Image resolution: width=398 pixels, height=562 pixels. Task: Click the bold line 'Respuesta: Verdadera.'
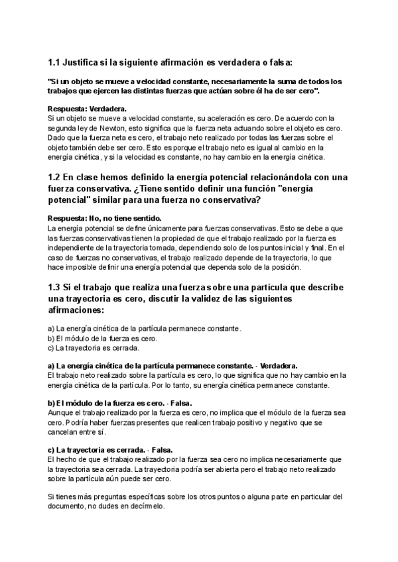88,108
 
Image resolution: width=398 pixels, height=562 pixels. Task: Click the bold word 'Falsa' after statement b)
182,402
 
